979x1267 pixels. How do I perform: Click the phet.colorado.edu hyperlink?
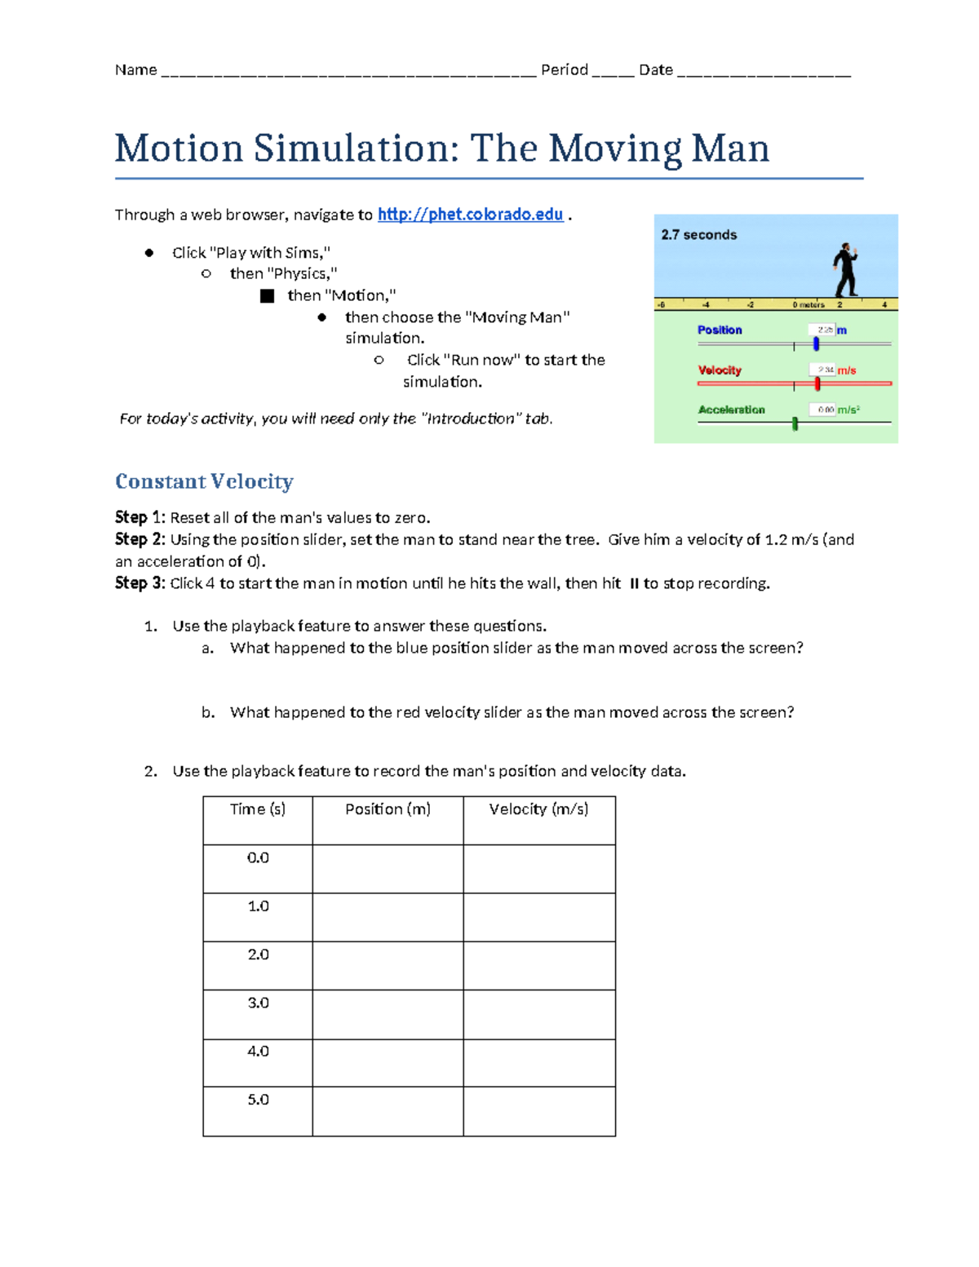coord(470,215)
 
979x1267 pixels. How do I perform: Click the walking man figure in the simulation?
coord(846,270)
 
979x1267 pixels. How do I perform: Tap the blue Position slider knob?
coord(816,344)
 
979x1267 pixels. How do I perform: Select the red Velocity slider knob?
coord(817,383)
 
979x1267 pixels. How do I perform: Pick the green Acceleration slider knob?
coord(795,423)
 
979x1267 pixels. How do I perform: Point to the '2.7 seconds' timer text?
coord(698,235)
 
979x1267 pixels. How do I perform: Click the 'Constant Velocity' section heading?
coord(204,481)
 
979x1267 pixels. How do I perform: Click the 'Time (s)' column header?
coord(258,809)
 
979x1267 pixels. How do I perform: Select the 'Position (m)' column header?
coord(388,809)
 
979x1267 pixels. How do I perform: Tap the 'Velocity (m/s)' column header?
coord(538,809)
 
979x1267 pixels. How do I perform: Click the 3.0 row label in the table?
coord(258,1003)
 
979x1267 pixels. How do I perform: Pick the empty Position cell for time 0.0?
coord(388,869)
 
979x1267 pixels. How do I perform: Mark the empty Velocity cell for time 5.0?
coord(538,1110)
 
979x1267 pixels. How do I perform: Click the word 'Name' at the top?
coord(135,70)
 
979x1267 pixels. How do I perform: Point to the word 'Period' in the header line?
coord(564,70)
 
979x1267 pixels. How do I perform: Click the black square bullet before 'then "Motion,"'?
coord(267,296)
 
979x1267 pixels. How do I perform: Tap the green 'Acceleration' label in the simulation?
coord(731,410)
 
